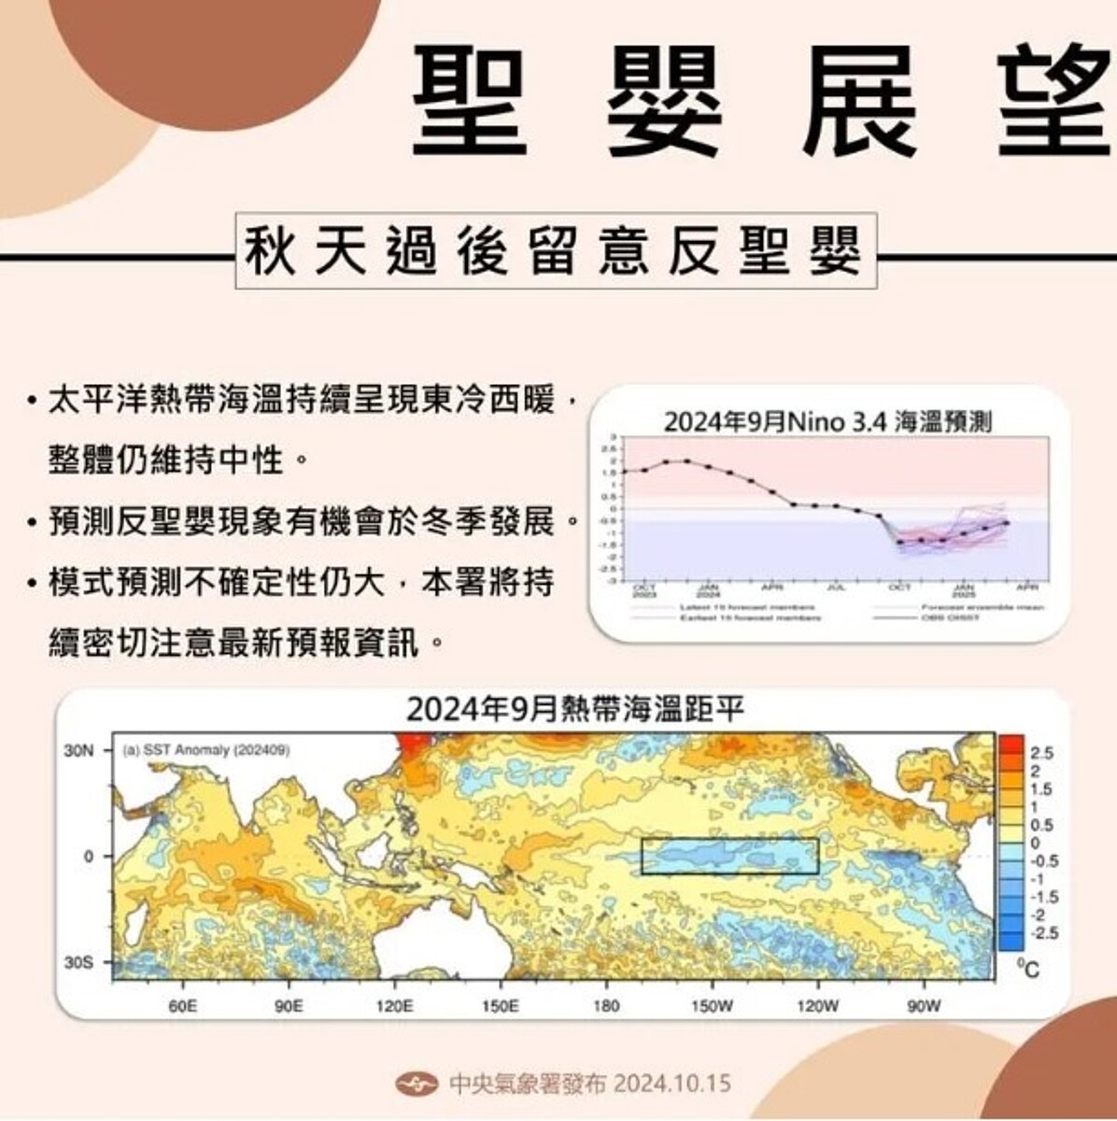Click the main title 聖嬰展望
pos(761,100)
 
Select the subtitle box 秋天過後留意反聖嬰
pos(555,251)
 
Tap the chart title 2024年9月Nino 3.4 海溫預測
pos(827,421)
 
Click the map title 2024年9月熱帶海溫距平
pos(575,710)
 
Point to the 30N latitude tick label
pos(79,749)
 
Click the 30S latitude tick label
pos(79,961)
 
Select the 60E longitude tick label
pos(182,1006)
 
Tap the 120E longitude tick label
pos(394,1006)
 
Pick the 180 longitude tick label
pos(605,1006)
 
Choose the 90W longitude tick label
pos(924,1006)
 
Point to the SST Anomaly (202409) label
pos(205,750)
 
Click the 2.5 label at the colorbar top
pos(1042,753)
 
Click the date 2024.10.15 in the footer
pos(672,1084)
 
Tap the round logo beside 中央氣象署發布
pos(417,1084)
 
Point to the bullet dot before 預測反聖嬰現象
pos(35,521)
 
